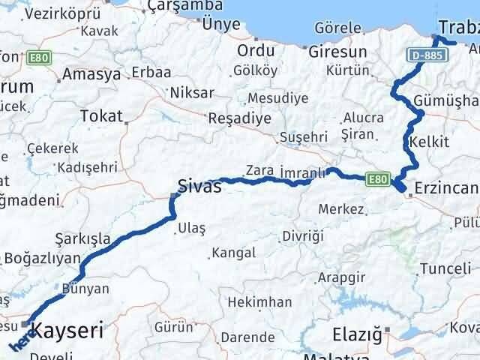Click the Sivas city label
[x=199, y=186]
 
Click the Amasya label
[x=91, y=74]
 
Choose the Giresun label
[x=337, y=52]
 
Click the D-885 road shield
[x=424, y=55]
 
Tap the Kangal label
[x=233, y=253]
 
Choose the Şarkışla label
[x=82, y=238]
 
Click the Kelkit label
[x=429, y=142]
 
